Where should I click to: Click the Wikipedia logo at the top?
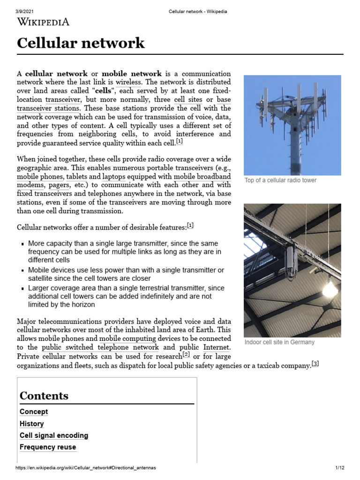coord(43,22)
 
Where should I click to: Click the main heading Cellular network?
coord(81,44)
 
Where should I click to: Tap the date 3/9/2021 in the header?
coord(26,11)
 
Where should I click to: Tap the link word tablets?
coord(76,177)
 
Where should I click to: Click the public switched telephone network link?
coord(100,347)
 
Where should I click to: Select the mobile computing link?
coord(127,338)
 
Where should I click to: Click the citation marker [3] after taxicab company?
coord(315,364)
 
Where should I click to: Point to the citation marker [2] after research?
coord(186,355)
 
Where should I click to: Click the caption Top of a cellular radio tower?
coord(280,180)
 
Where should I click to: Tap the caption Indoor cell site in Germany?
coord(279,342)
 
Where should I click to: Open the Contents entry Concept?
coord(34,412)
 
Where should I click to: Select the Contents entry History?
coord(32,424)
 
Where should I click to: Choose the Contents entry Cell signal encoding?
coord(54,435)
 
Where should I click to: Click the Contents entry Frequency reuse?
coord(48,447)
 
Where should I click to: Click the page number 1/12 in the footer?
coord(340,468)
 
